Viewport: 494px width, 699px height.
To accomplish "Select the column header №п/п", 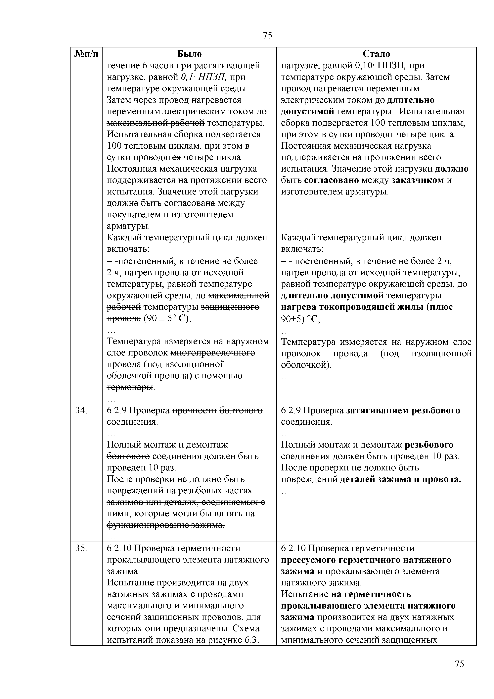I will pyautogui.click(x=87, y=54).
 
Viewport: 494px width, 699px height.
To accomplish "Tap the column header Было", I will pyautogui.click(x=189, y=54).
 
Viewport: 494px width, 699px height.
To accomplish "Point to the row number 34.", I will pyautogui.click(x=81, y=410).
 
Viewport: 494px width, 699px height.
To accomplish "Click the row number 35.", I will pyautogui.click(x=81, y=548).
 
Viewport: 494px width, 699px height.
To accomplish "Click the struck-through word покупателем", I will pyautogui.click(x=134, y=215).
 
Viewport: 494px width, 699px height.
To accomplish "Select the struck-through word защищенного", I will pyautogui.click(x=230, y=307).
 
